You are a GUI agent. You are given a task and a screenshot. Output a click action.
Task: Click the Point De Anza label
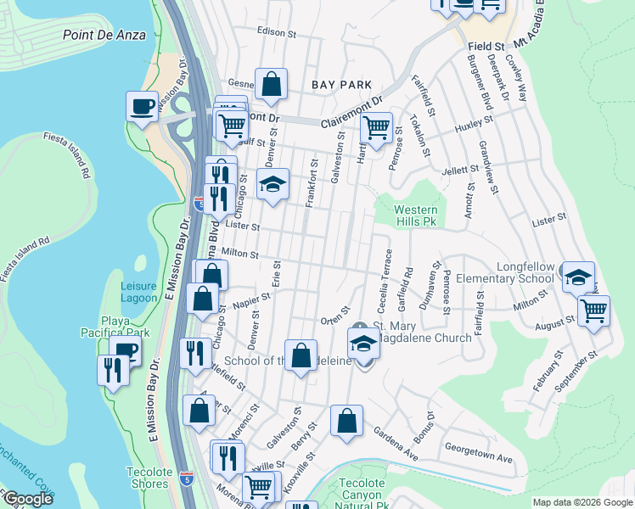pyautogui.click(x=104, y=35)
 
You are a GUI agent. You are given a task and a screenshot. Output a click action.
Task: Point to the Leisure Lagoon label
pyautogui.click(x=138, y=292)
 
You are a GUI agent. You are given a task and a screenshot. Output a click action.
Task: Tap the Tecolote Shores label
pyautogui.click(x=148, y=478)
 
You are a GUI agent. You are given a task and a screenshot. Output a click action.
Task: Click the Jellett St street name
pyautogui.click(x=460, y=170)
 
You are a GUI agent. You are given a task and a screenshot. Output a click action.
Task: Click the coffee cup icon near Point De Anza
pyautogui.click(x=142, y=106)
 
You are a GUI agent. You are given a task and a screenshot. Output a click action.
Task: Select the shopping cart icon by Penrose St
pyautogui.click(x=376, y=127)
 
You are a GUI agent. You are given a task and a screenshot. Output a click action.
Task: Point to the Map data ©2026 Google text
pyautogui.click(x=582, y=502)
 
